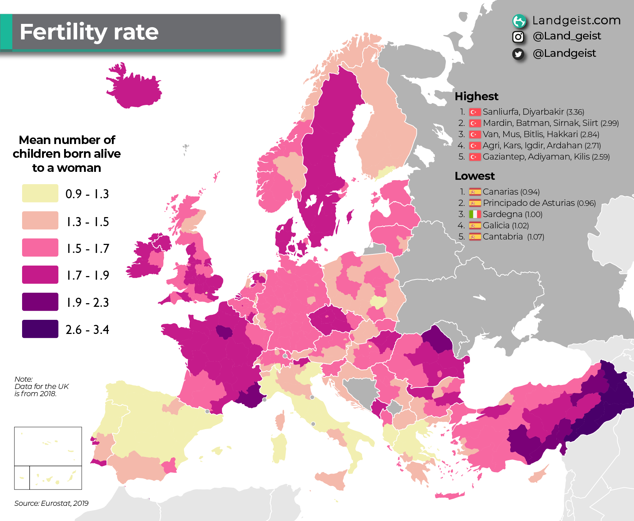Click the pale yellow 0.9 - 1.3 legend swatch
click(40, 193)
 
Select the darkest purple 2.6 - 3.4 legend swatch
click(40, 329)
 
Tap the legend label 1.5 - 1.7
click(87, 249)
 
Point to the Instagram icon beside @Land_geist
click(518, 37)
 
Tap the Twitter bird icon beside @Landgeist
click(518, 54)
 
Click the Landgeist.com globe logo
click(519, 21)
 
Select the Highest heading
click(476, 96)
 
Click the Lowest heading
click(474, 176)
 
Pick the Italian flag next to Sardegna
click(475, 214)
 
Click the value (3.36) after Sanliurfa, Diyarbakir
click(575, 112)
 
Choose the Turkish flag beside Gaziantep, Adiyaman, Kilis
click(475, 157)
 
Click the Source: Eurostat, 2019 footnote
click(51, 503)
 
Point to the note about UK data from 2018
click(41, 386)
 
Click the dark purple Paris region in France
click(224, 331)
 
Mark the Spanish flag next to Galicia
click(475, 225)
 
